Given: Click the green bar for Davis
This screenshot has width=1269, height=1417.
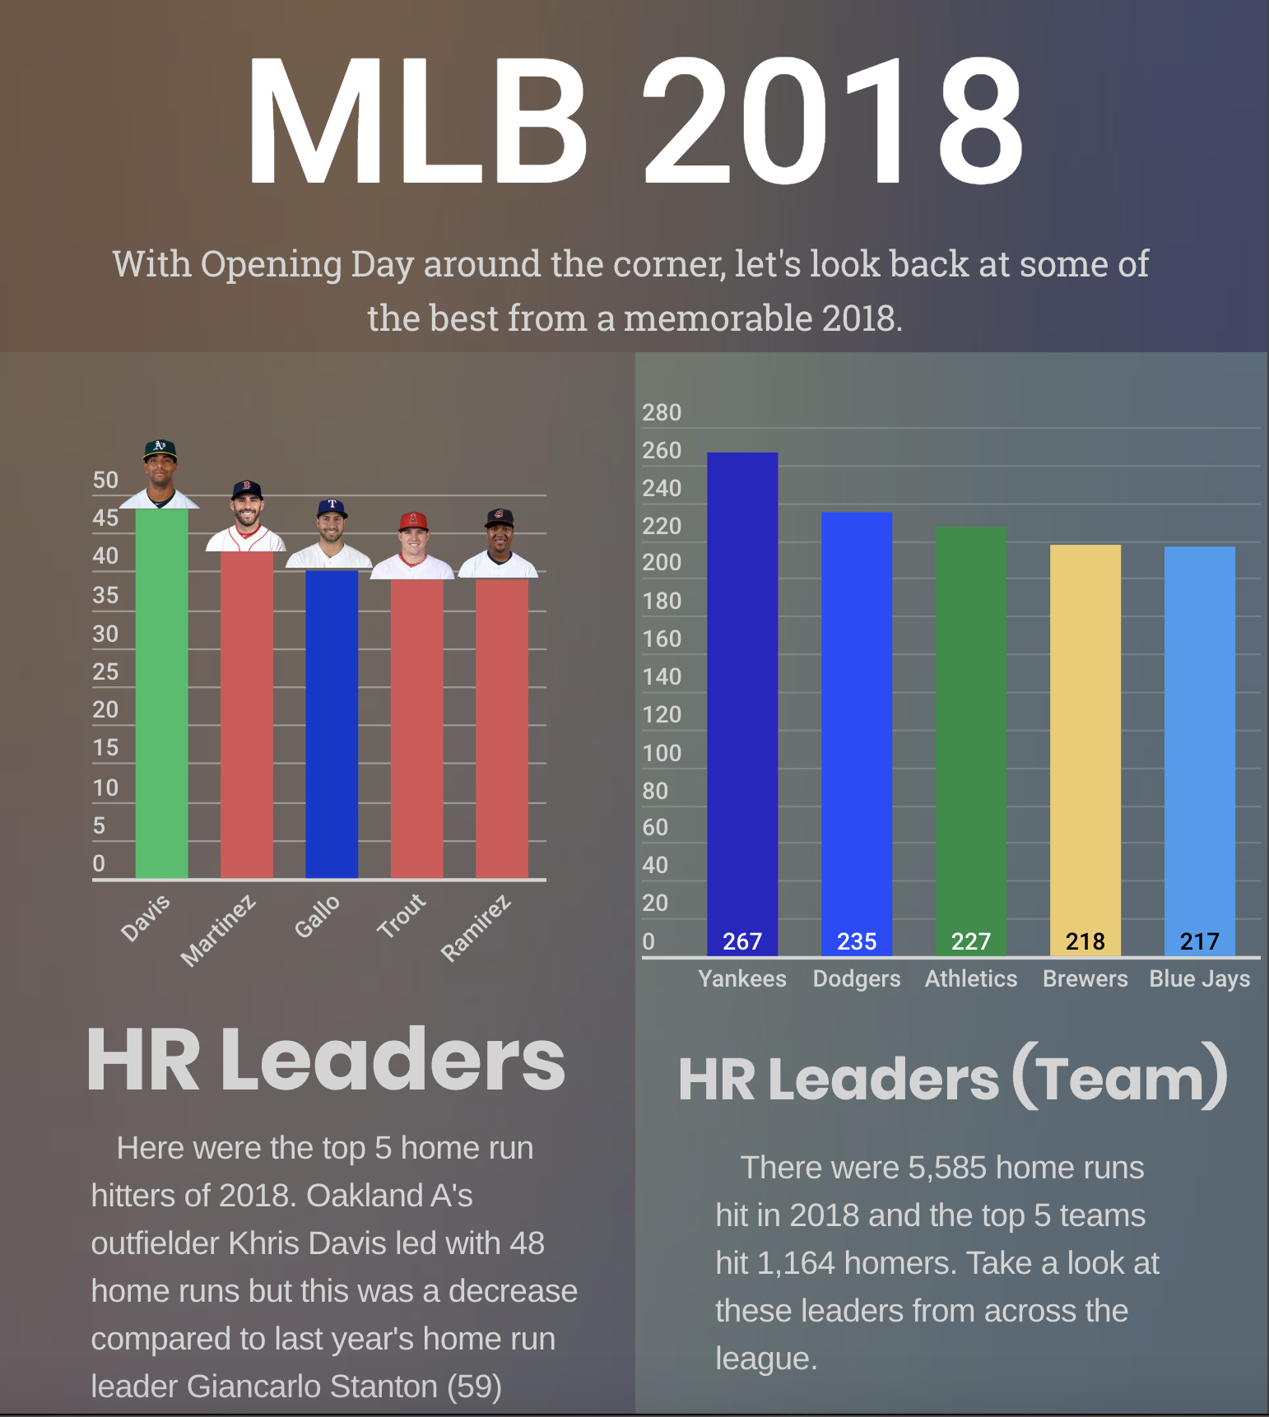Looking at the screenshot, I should pyautogui.click(x=161, y=693).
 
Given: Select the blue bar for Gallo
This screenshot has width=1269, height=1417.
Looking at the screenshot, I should pyautogui.click(x=332, y=724).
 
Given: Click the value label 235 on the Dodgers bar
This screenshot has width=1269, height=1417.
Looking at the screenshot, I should pyautogui.click(x=856, y=941).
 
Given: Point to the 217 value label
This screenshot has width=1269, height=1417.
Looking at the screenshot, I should pyautogui.click(x=1199, y=941).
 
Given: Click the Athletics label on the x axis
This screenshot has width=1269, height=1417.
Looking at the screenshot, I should pyautogui.click(x=971, y=978).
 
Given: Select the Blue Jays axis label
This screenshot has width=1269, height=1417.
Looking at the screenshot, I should pyautogui.click(x=1199, y=978).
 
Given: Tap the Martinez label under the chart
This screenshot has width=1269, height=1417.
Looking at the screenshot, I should pyautogui.click(x=218, y=931).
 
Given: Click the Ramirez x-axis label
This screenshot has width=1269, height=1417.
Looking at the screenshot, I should pyautogui.click(x=476, y=928).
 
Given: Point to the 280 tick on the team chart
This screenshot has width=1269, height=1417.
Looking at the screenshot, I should pyautogui.click(x=662, y=412).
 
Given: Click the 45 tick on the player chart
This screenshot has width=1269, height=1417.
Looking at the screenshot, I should pyautogui.click(x=105, y=518).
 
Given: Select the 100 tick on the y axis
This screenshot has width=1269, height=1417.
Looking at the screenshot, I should pyautogui.click(x=662, y=753).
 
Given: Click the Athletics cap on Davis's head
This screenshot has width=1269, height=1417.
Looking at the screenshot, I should pyautogui.click(x=160, y=448).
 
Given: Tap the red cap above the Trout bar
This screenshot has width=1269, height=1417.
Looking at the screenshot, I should pyautogui.click(x=413, y=520).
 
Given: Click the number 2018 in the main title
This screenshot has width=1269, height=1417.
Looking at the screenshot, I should pyautogui.click(x=833, y=122).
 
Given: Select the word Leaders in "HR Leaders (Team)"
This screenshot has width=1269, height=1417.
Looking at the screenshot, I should pyautogui.click(x=884, y=1079).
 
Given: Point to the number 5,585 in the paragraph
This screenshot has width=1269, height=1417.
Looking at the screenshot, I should pyautogui.click(x=946, y=1168).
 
